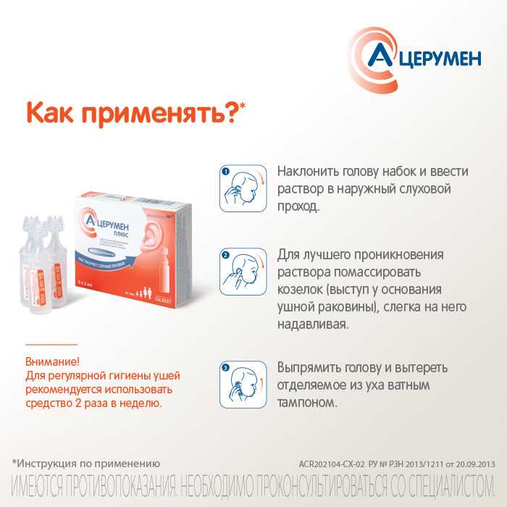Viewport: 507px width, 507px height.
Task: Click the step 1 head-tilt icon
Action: [243, 188]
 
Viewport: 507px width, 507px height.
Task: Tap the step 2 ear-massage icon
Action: [243, 270]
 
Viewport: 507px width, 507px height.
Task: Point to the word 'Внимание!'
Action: [52, 361]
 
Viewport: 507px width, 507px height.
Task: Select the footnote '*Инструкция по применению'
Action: [85, 462]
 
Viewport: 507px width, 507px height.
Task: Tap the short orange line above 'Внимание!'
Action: [51, 344]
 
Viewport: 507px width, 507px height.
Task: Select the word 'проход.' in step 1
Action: [298, 207]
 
